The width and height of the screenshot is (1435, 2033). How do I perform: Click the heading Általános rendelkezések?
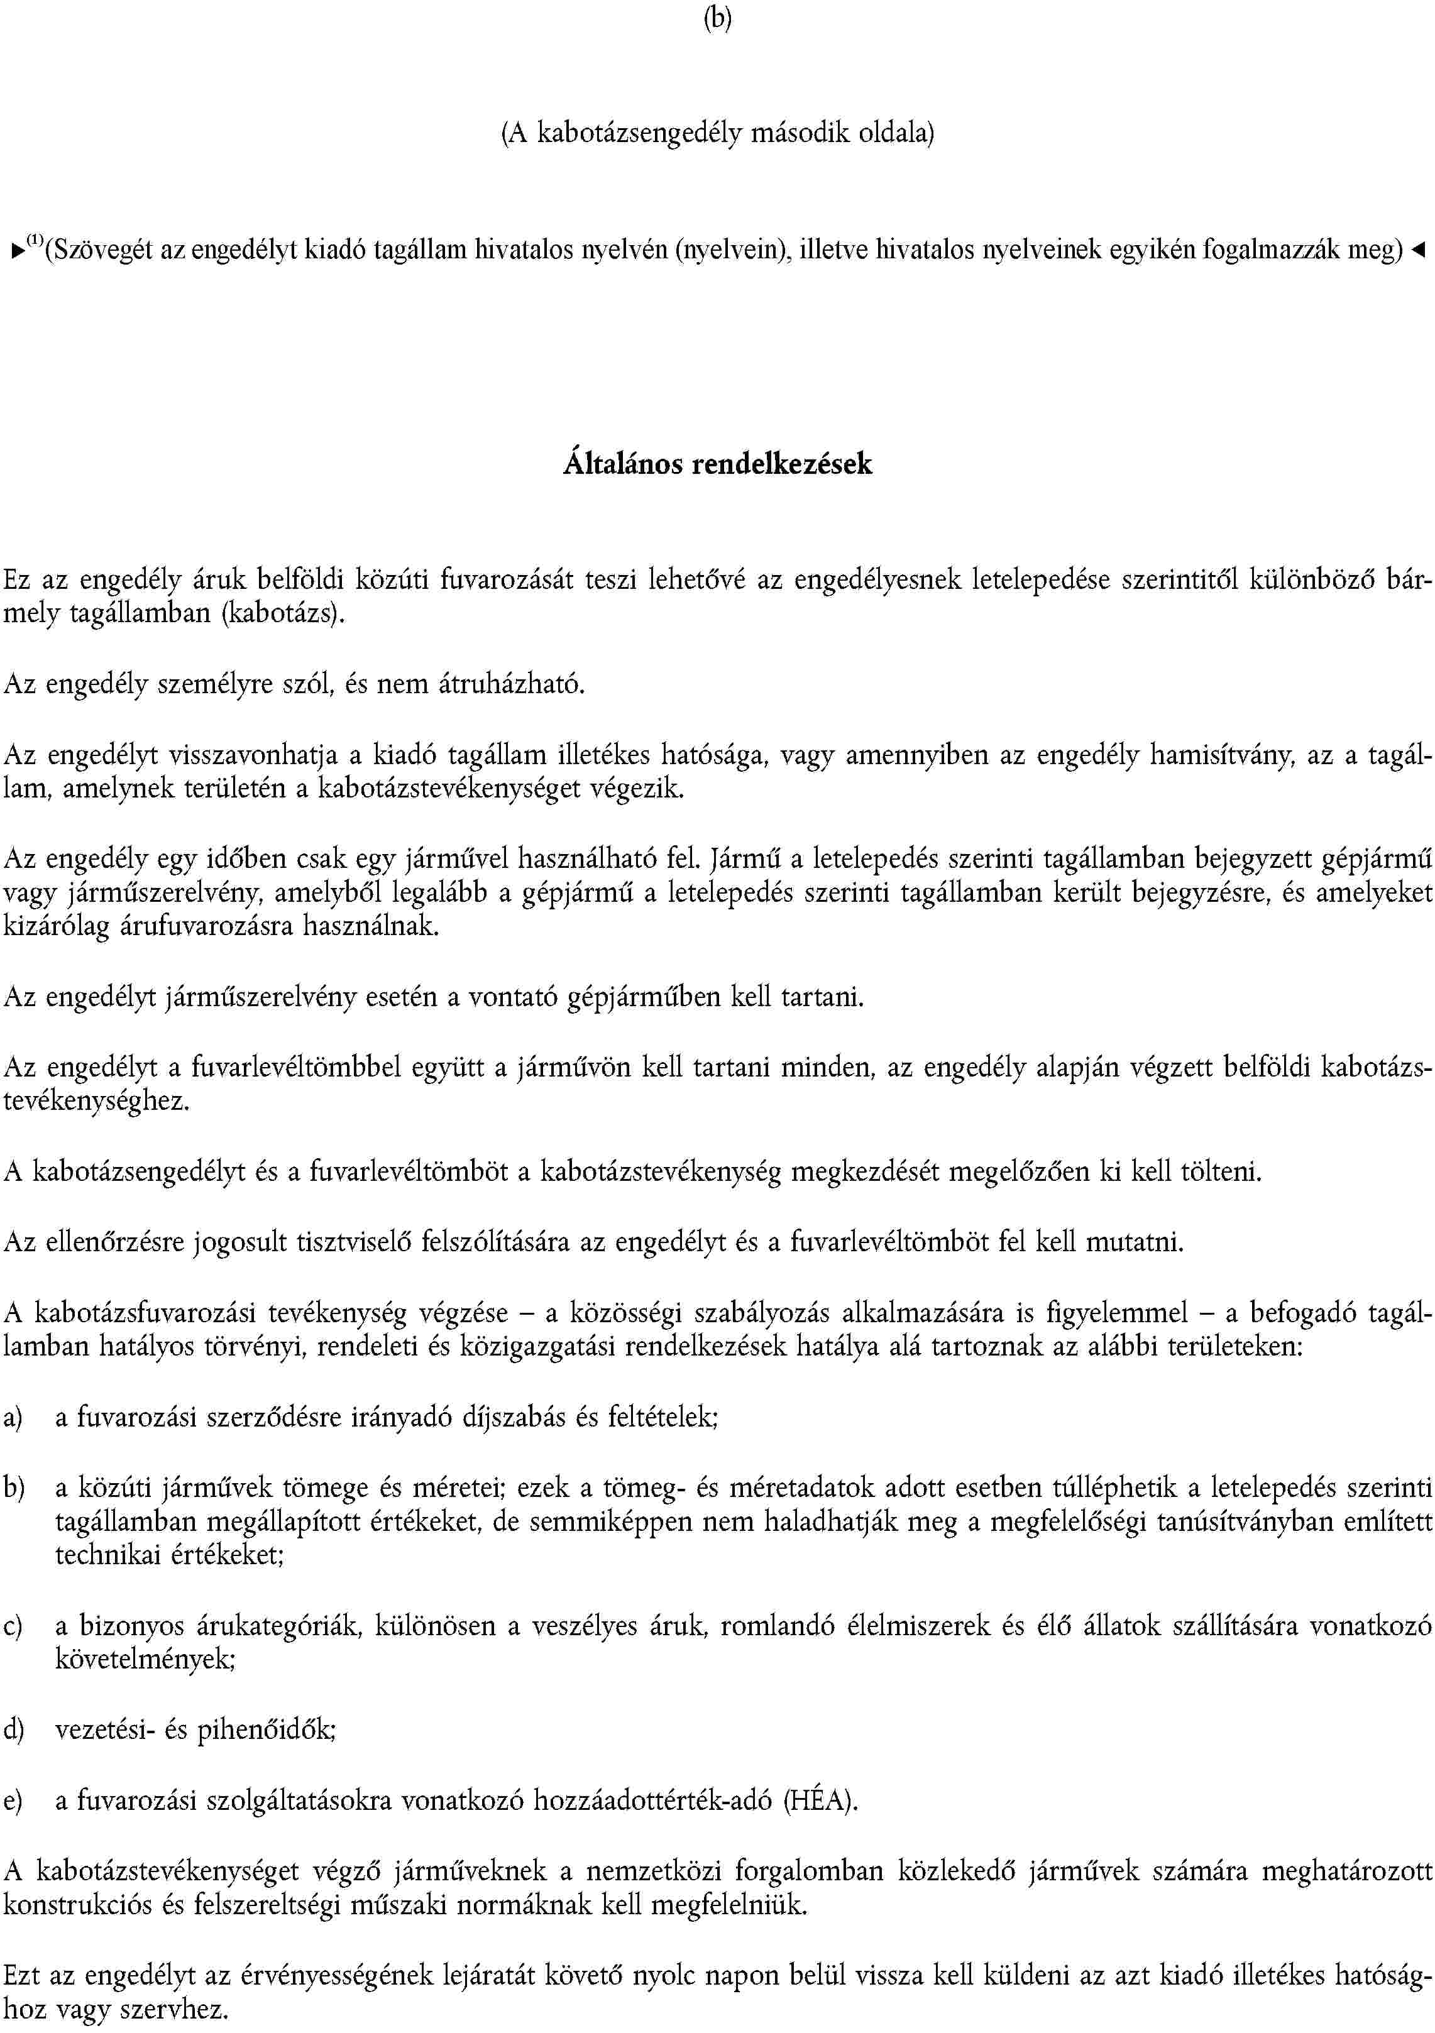pos(718,464)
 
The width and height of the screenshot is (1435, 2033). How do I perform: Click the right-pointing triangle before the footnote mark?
pos(18,251)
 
